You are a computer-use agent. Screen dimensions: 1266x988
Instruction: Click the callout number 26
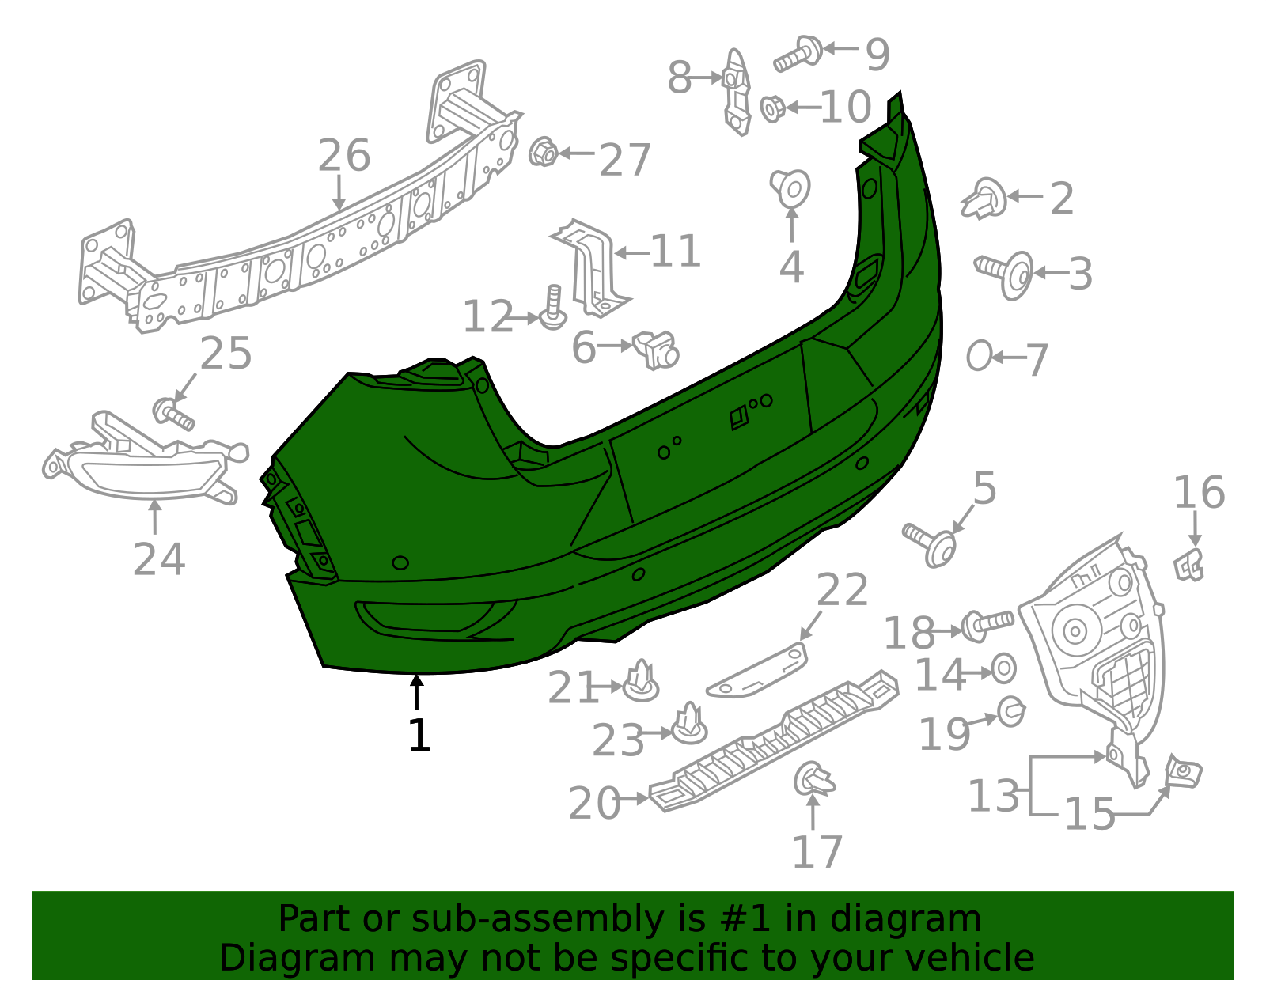point(343,156)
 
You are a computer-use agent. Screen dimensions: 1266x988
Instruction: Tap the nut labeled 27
point(543,152)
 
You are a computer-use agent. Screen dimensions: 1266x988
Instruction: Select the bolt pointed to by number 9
point(798,55)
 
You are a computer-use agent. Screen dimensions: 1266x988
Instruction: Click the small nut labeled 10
point(773,109)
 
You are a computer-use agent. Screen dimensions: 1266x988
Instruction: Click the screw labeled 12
point(553,309)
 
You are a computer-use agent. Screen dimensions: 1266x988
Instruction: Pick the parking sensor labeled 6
point(656,350)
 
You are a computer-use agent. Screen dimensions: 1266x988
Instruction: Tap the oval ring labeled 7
point(979,355)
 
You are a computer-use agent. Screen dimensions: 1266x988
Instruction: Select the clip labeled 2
point(984,199)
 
